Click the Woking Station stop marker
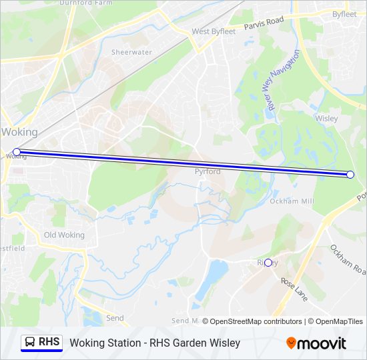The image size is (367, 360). pos(17,152)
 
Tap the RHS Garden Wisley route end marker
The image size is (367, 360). pos(350,174)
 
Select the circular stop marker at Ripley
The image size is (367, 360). pos(268,263)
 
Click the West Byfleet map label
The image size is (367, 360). pos(214,31)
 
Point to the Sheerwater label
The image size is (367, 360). pos(131,52)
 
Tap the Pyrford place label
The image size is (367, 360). pos(208,171)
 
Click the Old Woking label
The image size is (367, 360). pos(64,235)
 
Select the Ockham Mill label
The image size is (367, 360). pos(292,201)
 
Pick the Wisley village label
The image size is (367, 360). pos(326,119)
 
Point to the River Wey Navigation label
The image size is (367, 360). pos(280,80)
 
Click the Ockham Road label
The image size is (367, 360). pos(348,261)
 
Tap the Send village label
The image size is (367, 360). pos(115,318)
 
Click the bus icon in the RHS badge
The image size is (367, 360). pos(31,342)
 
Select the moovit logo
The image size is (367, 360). pos(316,343)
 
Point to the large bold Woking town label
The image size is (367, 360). pos(19,132)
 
